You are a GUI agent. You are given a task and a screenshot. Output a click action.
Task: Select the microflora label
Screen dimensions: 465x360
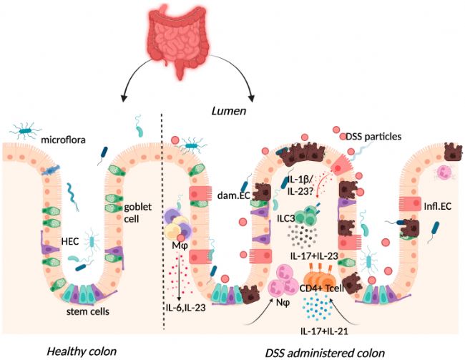[63, 140]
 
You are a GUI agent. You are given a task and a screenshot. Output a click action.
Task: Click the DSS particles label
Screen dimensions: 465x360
[373, 137]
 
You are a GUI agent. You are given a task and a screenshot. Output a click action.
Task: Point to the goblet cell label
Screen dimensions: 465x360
[137, 213]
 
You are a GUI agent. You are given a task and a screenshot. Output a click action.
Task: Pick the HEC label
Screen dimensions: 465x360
[70, 242]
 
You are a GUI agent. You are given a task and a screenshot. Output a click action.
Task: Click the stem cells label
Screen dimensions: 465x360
[88, 311]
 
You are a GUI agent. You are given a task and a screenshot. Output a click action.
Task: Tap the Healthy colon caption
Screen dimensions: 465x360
[82, 351]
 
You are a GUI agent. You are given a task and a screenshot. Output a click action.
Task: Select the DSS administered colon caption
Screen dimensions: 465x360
[325, 353]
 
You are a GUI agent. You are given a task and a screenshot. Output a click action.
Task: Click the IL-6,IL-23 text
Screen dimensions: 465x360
[186, 308]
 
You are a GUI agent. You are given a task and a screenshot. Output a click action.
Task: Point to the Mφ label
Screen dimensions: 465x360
[180, 246]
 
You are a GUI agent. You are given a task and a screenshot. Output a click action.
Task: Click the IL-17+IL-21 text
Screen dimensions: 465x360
[324, 331]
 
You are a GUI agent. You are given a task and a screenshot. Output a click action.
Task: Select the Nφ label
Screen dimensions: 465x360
[283, 303]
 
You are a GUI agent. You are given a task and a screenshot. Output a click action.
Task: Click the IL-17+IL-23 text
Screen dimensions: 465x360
[314, 256]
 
